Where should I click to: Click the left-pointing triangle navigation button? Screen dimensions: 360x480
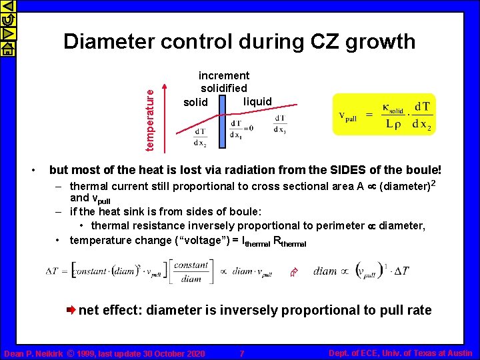7,7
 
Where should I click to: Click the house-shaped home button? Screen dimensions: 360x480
7,47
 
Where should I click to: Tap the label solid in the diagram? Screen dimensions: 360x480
195,102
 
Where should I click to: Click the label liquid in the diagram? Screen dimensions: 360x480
257,101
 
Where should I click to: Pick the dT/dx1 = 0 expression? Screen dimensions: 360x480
241,126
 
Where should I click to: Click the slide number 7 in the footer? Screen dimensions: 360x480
242,353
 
